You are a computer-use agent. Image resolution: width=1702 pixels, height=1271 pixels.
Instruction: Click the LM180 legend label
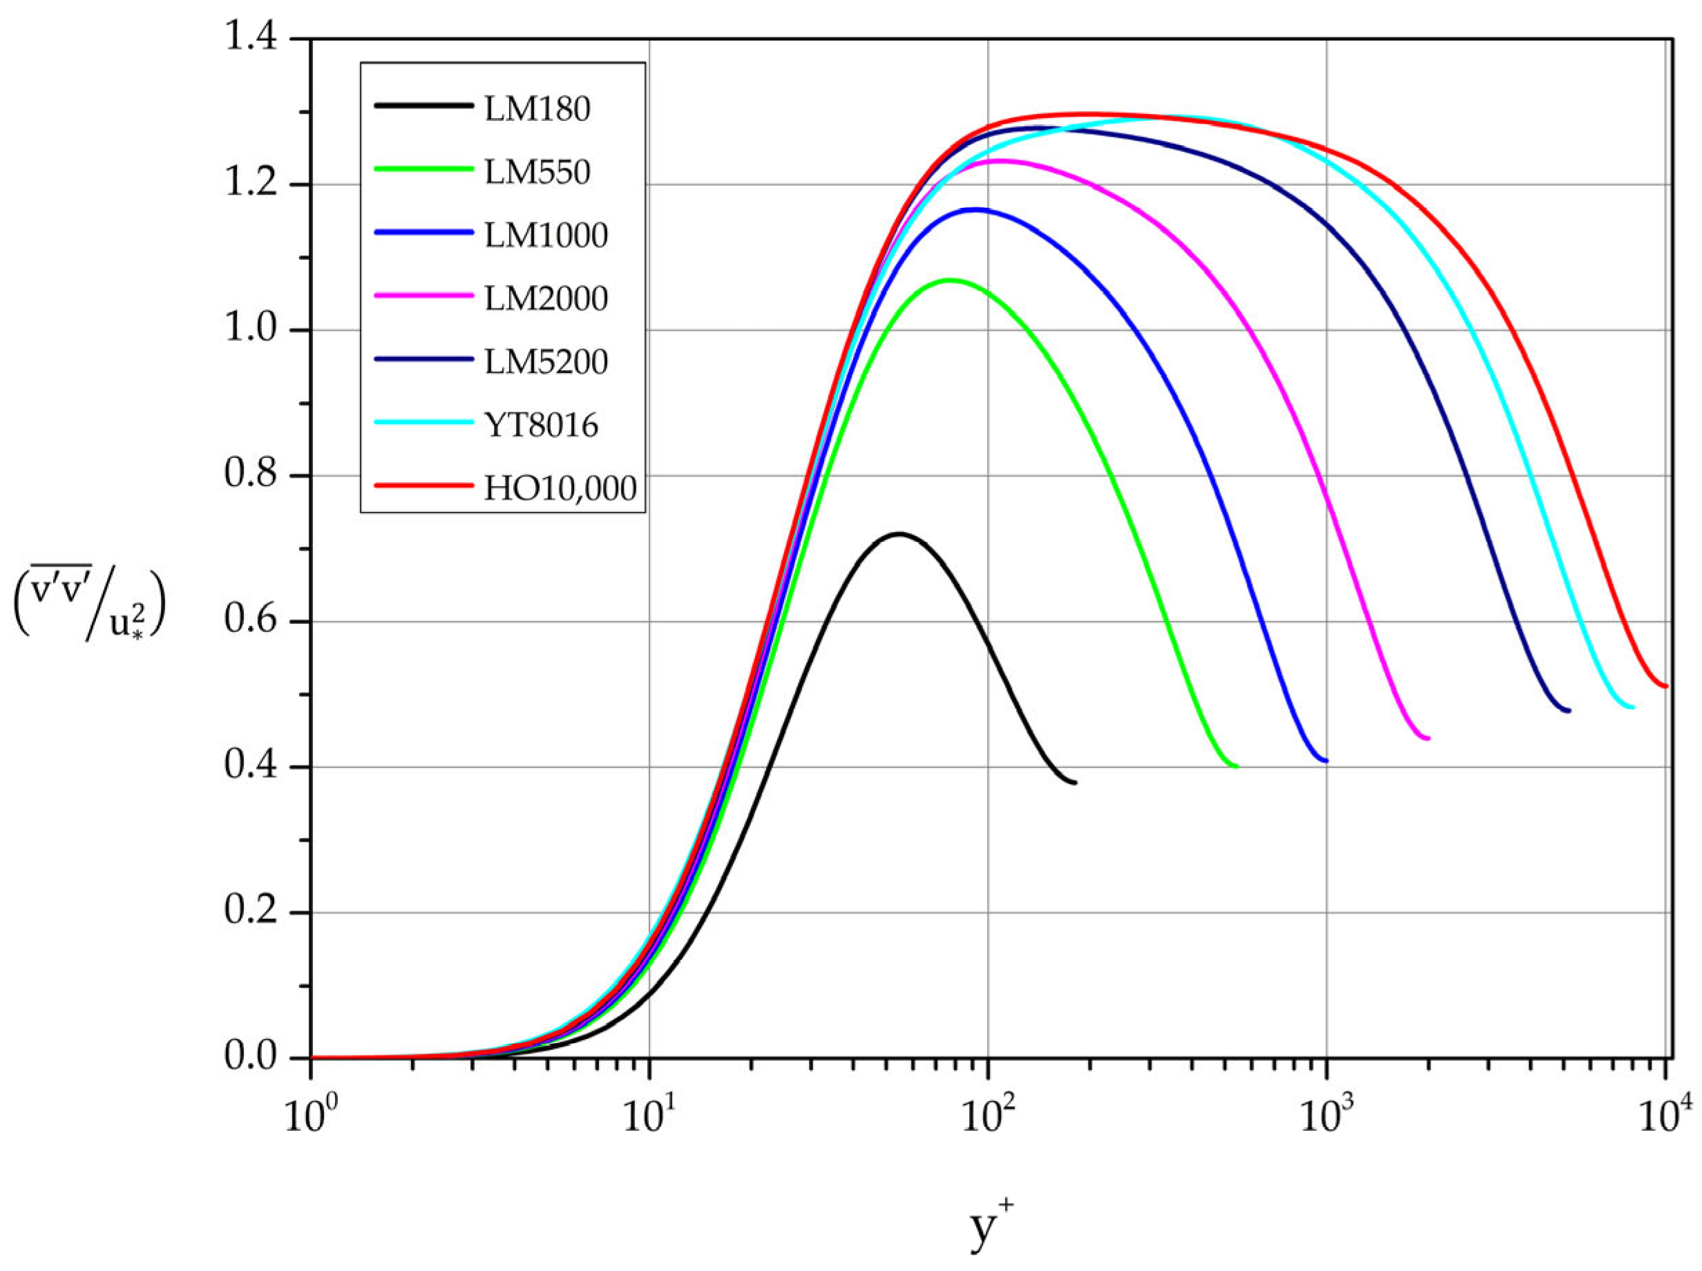537,109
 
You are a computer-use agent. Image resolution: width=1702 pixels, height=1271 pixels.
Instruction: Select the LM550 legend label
537,172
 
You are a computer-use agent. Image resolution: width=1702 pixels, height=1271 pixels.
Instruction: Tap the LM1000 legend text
546,236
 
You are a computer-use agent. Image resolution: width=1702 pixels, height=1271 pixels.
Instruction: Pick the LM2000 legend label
546,298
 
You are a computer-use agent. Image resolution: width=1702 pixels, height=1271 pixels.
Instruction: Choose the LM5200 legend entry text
546,361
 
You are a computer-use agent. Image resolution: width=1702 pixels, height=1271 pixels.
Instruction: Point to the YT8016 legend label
540,425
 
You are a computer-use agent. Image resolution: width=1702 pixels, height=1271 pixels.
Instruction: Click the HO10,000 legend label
560,488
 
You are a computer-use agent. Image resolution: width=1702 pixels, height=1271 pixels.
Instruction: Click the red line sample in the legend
423,486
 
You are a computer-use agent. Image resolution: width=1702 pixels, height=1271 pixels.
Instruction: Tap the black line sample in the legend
423,106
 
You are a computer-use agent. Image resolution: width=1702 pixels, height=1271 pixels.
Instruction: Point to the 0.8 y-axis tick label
250,475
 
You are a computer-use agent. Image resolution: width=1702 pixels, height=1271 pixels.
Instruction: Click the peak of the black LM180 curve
897,533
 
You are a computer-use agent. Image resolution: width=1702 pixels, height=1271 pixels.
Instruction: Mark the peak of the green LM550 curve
950,280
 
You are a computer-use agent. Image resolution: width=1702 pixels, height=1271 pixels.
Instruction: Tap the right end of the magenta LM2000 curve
1428,738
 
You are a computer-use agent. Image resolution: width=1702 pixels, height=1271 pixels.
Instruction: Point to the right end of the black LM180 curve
1074,783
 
